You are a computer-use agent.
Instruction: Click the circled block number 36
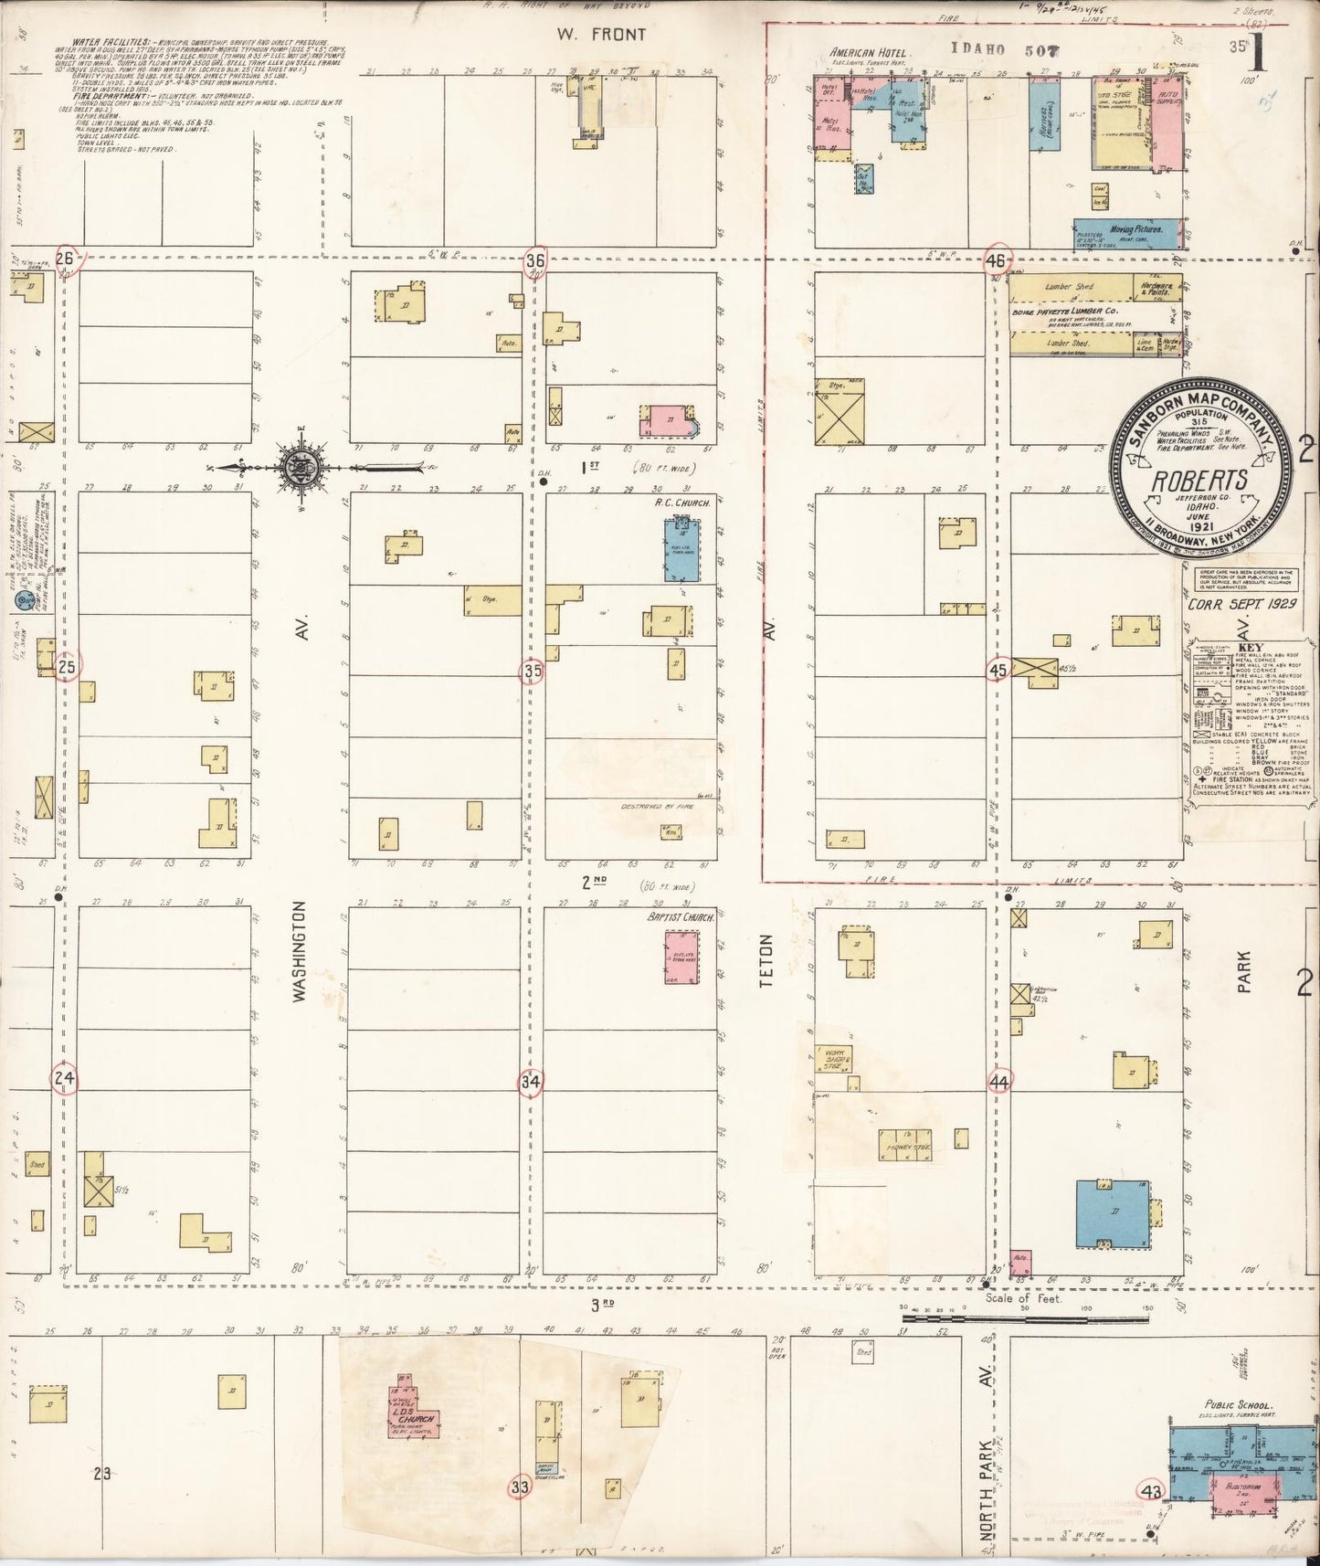pyautogui.click(x=535, y=260)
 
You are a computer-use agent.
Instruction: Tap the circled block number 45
pyautogui.click(x=998, y=671)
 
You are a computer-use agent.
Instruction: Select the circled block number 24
pyautogui.click(x=63, y=1078)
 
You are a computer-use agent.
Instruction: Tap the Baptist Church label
pyautogui.click(x=680, y=917)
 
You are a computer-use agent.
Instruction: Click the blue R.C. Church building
pyautogui.click(x=681, y=550)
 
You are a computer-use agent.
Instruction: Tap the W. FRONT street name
pyautogui.click(x=600, y=35)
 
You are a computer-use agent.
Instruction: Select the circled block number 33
pyautogui.click(x=520, y=1487)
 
